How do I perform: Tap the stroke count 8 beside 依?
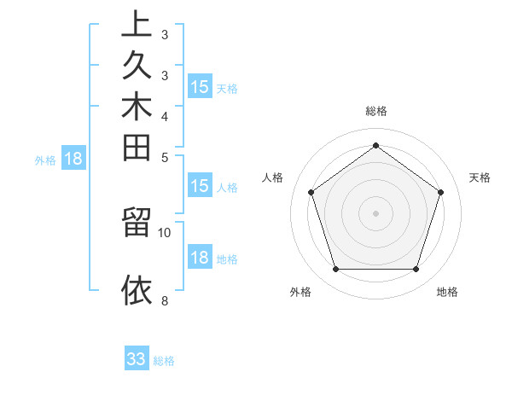(165, 300)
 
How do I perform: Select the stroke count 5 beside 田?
(165, 157)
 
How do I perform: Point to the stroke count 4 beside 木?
(165, 116)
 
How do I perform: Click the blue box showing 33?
(137, 359)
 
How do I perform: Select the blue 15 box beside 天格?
(200, 86)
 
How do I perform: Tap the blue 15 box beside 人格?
(200, 186)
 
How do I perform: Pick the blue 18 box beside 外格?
(73, 158)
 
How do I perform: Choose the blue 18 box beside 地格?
(200, 258)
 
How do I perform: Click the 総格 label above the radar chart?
(376, 111)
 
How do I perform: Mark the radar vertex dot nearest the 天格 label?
(440, 192)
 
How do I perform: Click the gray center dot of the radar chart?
(375, 212)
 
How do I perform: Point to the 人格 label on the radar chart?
(273, 177)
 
